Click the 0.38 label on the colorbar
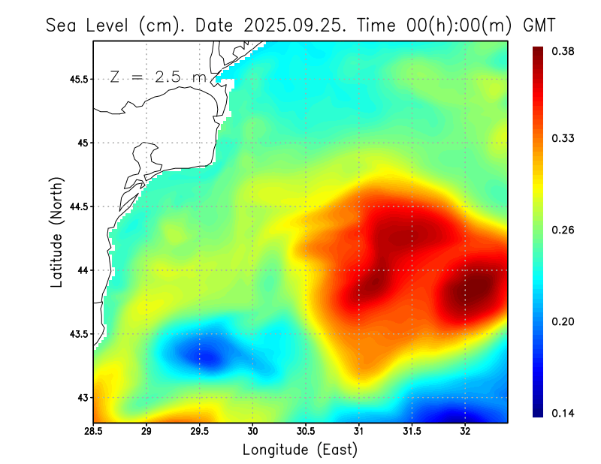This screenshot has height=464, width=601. point(564,51)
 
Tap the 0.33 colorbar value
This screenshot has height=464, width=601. point(564,138)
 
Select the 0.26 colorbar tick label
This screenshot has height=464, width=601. point(564,230)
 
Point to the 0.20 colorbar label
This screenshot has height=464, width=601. point(564,321)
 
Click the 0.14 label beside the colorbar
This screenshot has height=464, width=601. point(564,413)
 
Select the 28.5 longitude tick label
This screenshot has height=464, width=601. point(94,431)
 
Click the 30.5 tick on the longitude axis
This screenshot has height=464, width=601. point(306,431)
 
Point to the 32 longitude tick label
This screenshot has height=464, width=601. point(465,431)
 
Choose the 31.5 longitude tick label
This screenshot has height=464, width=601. point(412,431)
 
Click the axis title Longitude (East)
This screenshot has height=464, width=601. point(300,450)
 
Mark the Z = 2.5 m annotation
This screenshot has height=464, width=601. point(159,77)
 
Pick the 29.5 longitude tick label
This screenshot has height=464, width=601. point(200,431)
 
